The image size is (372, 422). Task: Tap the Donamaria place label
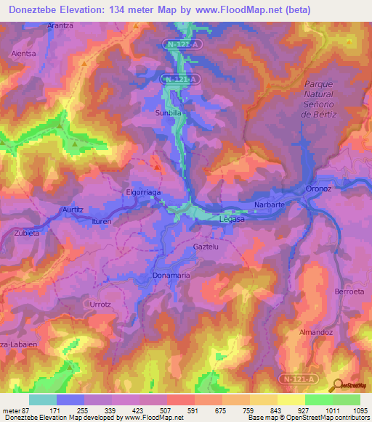(x=171, y=276)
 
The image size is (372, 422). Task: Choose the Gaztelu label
(x=206, y=247)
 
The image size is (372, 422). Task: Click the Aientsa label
(x=24, y=54)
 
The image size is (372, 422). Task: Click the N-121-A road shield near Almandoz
(x=296, y=378)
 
